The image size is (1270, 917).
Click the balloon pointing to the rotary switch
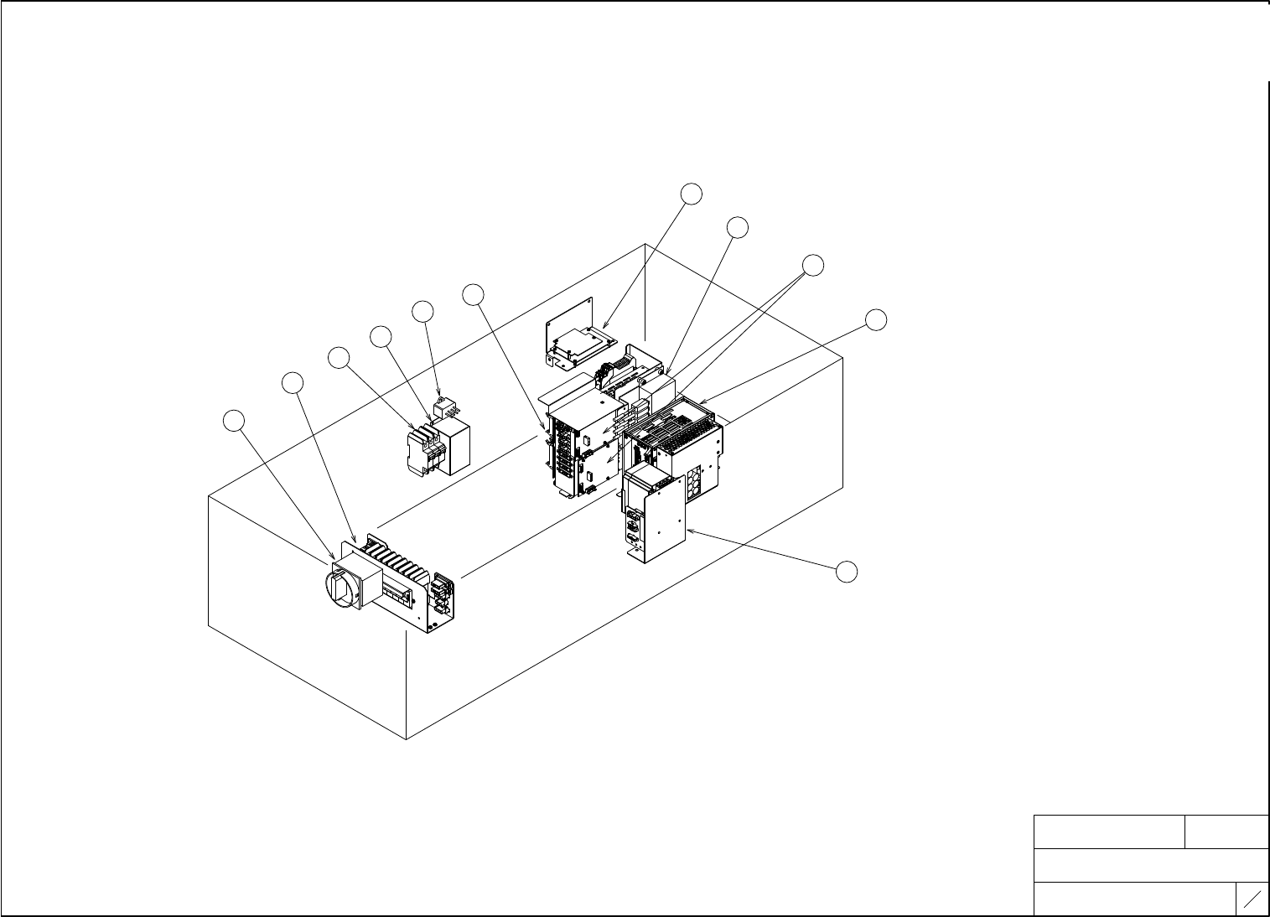236,421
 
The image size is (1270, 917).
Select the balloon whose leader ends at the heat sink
292,383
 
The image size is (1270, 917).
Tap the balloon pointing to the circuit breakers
339,357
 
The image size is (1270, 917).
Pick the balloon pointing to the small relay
423,312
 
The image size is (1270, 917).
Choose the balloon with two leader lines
812,266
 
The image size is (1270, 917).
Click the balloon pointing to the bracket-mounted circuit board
691,194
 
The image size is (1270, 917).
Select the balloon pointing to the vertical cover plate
848,571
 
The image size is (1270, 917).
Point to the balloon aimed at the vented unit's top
876,319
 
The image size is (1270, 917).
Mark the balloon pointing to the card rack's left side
474,294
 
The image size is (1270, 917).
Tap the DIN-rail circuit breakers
422,453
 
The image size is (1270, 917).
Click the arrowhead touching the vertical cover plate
688,531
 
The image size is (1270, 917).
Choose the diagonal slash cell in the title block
1252,899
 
